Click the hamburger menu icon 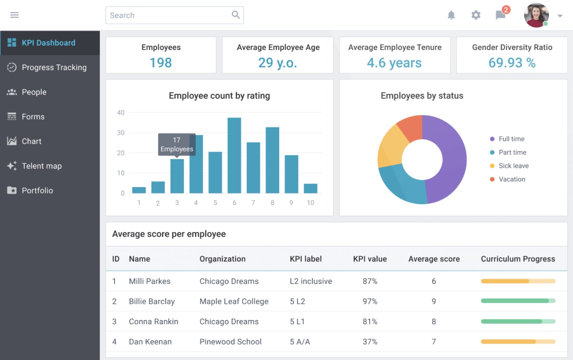click(14, 15)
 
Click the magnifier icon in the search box click(235, 15)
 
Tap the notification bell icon click(451, 15)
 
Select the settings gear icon click(476, 15)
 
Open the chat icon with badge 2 click(501, 15)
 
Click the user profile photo click(536, 16)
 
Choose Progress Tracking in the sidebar click(54, 67)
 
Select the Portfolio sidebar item click(37, 190)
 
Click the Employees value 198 click(160, 63)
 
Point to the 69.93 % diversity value click(512, 63)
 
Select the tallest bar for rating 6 click(234, 155)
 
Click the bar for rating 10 click(311, 189)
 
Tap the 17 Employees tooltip click(177, 144)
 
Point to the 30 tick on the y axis click(121, 133)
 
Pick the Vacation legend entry click(512, 179)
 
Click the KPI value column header click(370, 259)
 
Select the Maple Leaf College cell click(234, 301)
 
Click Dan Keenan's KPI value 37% click(370, 342)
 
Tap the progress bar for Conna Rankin click(518, 322)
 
